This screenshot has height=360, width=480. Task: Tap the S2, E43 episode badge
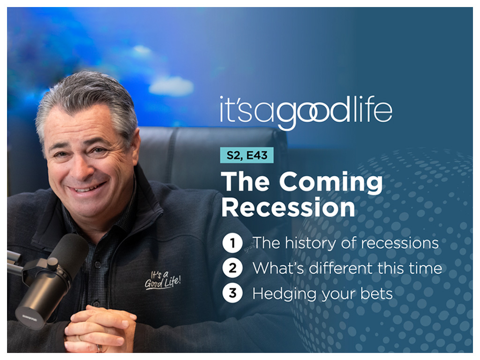[x=247, y=155]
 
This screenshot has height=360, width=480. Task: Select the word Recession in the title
[x=288, y=207]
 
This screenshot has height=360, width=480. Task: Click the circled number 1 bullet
[x=232, y=243]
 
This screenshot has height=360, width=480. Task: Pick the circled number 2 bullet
[x=232, y=268]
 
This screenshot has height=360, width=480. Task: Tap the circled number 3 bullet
[x=232, y=293]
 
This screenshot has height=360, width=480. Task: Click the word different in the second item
[x=341, y=268]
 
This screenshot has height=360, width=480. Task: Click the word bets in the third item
[x=376, y=293]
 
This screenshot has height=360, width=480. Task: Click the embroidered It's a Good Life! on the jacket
[x=163, y=280]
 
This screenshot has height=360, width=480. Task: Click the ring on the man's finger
[x=98, y=348]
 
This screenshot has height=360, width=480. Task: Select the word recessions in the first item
[x=400, y=243]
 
